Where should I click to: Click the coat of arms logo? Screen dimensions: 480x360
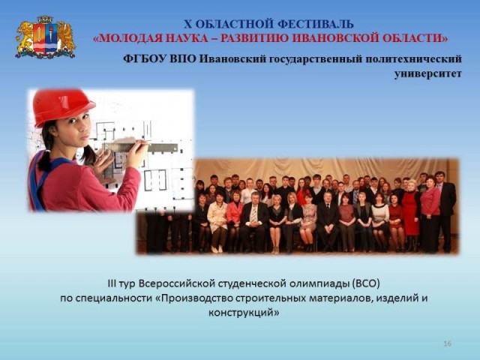pos(45,37)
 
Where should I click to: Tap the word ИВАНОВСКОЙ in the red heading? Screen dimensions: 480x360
pos(338,38)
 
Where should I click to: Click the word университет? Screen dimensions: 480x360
pos(427,73)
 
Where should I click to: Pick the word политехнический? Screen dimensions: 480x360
pos(413,58)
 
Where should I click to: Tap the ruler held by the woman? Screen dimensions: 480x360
pos(142,146)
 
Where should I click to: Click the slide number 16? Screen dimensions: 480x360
pos(447,343)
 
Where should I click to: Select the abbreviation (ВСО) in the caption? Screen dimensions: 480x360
pos(366,283)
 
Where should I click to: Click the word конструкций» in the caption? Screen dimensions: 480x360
pos(244,313)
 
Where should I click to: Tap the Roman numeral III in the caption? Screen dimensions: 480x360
pos(112,283)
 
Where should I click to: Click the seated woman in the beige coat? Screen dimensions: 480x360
pos(217,219)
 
